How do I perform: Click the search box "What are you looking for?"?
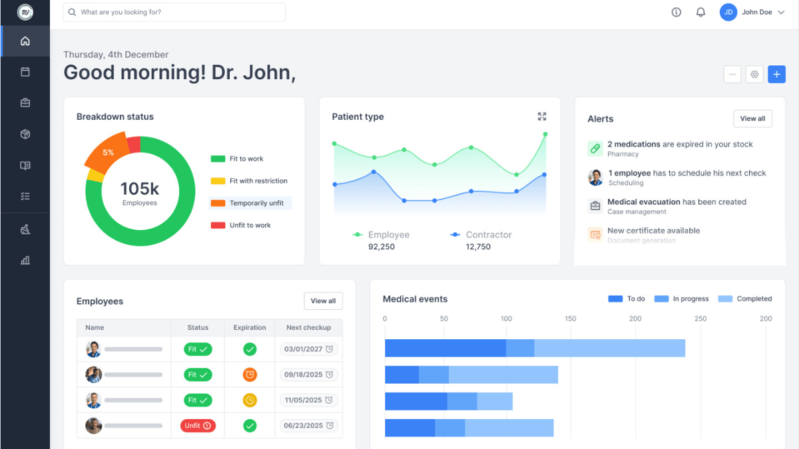pyautogui.click(x=174, y=12)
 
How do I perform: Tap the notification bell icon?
pyautogui.click(x=700, y=12)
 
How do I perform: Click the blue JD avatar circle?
pyautogui.click(x=728, y=12)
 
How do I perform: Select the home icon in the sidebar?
pyautogui.click(x=25, y=41)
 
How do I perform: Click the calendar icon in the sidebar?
pyautogui.click(x=25, y=72)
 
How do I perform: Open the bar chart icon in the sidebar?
pyautogui.click(x=25, y=260)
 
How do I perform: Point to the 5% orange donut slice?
pyautogui.click(x=107, y=152)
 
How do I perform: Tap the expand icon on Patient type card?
pyautogui.click(x=542, y=116)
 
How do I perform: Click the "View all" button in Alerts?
pyautogui.click(x=752, y=118)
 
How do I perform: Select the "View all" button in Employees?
pyautogui.click(x=323, y=301)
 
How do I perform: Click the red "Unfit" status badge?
pyautogui.click(x=198, y=426)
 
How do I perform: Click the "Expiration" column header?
pyautogui.click(x=250, y=327)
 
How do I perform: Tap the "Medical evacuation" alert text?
pyautogui.click(x=643, y=202)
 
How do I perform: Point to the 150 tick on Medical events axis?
pyautogui.click(x=571, y=319)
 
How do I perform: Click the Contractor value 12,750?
pyautogui.click(x=478, y=247)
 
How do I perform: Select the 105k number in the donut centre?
pyautogui.click(x=140, y=189)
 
